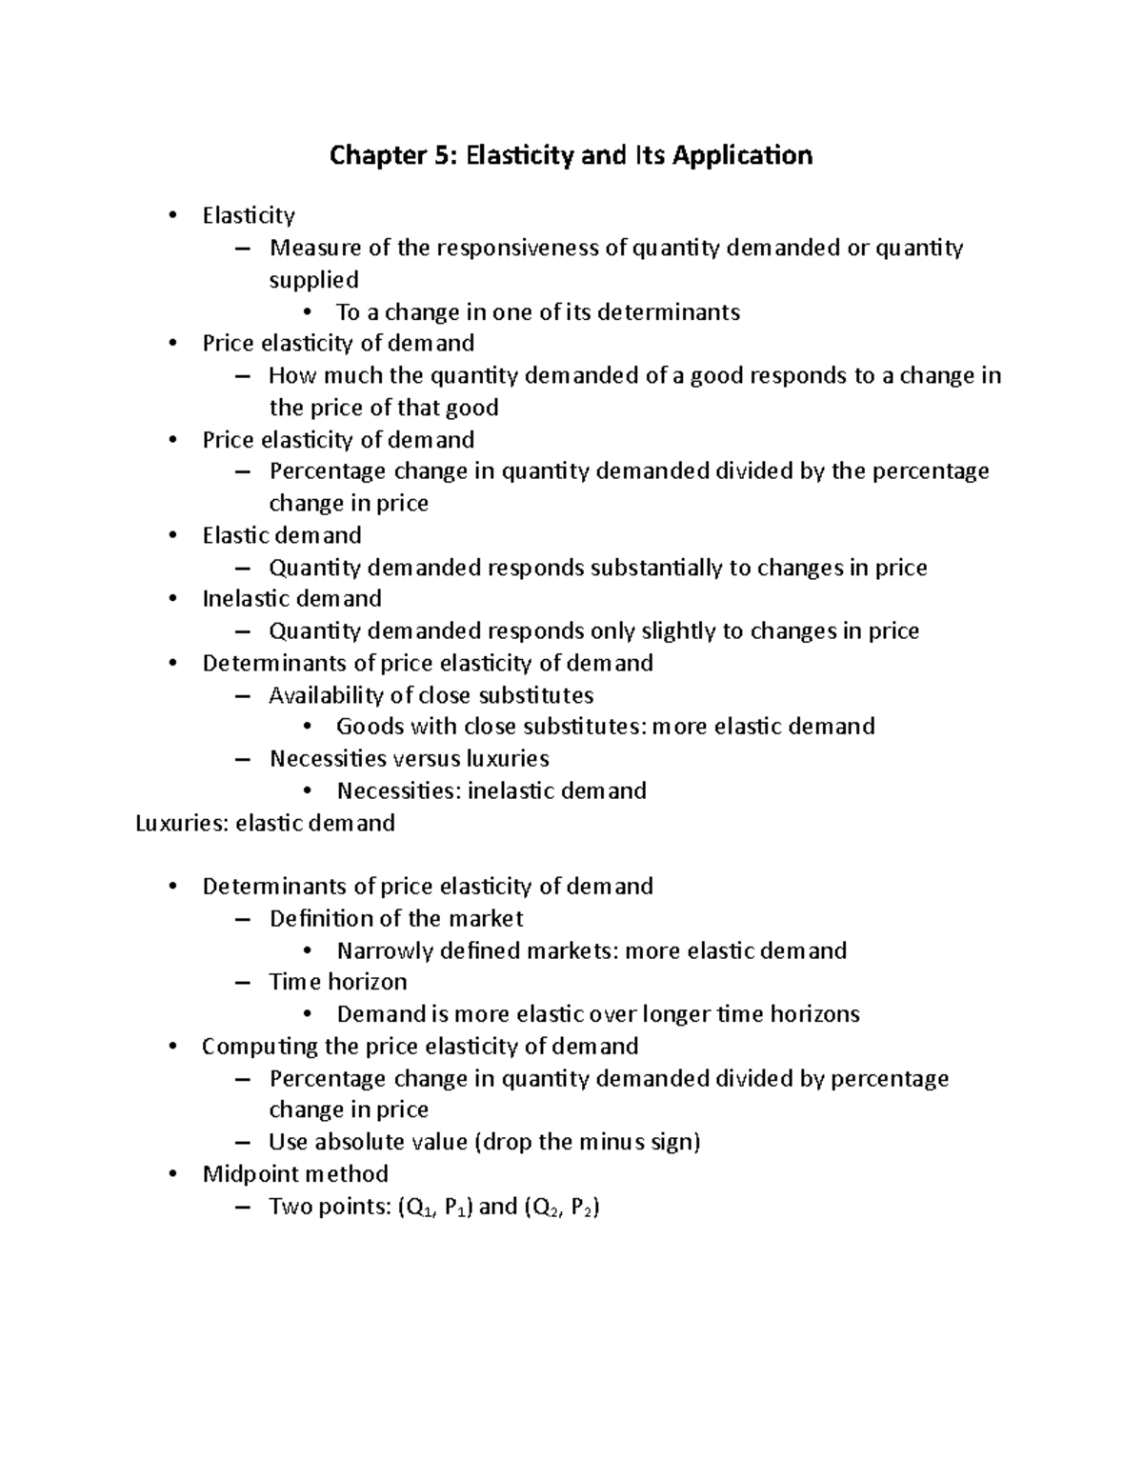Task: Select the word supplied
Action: pyautogui.click(x=313, y=280)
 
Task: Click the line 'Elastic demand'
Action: pyautogui.click(x=282, y=535)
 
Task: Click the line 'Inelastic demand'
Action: pyautogui.click(x=291, y=599)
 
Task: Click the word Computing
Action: pyautogui.click(x=247, y=1047)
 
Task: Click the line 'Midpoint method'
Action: pyautogui.click(x=295, y=1174)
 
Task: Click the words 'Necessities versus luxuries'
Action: pyautogui.click(x=410, y=759)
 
